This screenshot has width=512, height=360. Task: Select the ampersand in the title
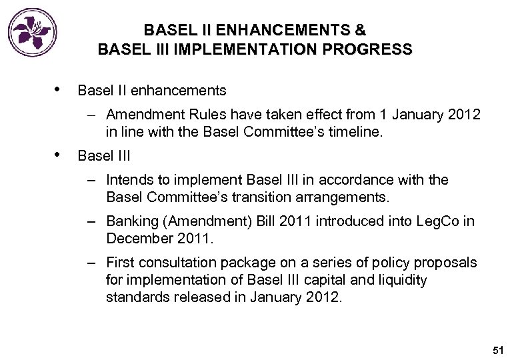click(361, 31)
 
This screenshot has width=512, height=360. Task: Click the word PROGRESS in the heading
click(375, 49)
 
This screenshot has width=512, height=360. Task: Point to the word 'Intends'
click(128, 180)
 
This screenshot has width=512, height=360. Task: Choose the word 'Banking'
click(131, 222)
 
